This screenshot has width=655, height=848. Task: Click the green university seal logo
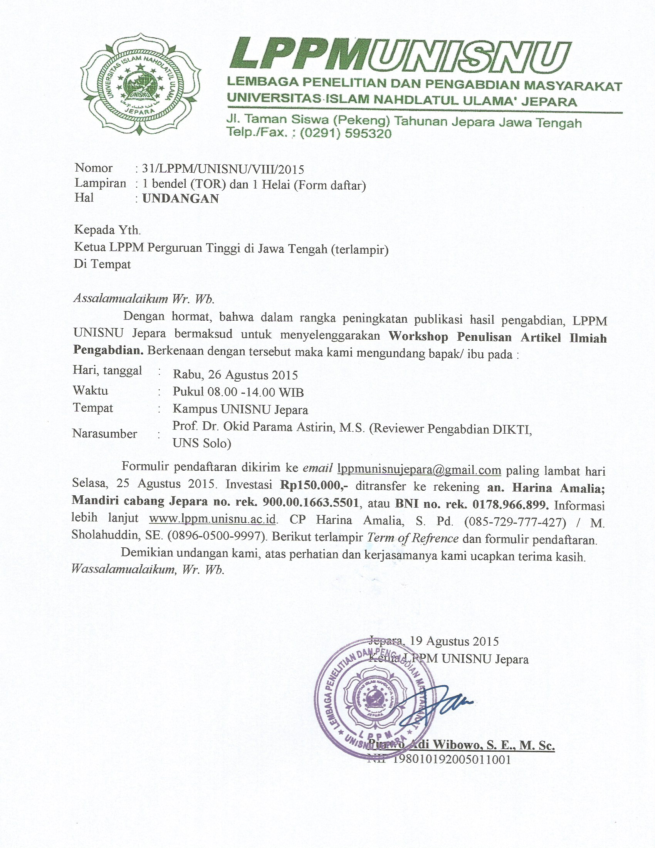pos(141,85)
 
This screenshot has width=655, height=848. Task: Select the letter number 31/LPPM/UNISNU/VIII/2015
pos(223,169)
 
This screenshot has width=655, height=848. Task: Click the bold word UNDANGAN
pos(181,199)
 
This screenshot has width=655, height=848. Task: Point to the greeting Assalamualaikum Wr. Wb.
pos(144,299)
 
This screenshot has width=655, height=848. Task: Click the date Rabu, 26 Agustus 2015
pos(235,375)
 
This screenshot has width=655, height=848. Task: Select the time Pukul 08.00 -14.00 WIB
pos(238,392)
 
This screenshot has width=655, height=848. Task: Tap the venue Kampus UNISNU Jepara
pos(240,409)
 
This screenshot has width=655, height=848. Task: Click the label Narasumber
pos(104,434)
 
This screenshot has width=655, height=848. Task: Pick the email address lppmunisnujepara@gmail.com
pos(419,470)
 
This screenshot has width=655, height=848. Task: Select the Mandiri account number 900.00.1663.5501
pos(311,502)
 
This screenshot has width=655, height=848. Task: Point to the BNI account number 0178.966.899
pos(511,505)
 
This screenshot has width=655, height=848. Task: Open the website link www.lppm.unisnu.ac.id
pos(212,519)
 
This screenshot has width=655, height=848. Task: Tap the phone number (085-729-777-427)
pos(514,522)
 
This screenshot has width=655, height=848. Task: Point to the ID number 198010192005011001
pos(452,759)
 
